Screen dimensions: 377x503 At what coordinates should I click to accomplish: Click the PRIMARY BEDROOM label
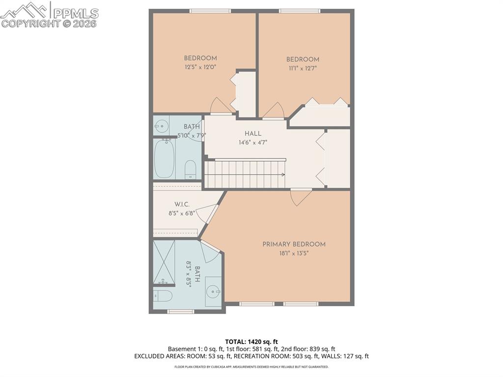[294, 244]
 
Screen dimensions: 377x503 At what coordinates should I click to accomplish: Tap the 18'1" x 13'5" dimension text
[294, 254]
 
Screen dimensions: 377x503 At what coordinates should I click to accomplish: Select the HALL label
[253, 134]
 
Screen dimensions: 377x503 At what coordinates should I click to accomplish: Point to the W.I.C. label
[182, 204]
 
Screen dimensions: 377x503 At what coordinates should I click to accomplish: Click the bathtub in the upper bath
[164, 159]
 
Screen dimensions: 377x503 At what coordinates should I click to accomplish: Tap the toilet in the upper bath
[191, 170]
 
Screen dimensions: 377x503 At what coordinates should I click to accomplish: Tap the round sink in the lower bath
[214, 291]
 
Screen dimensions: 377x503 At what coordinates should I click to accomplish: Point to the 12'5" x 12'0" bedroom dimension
[200, 67]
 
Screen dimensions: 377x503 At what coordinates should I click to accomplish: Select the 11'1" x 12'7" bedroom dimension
[303, 68]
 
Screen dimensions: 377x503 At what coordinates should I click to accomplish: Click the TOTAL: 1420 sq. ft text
[251, 342]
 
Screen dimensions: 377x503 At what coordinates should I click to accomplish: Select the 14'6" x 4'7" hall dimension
[253, 143]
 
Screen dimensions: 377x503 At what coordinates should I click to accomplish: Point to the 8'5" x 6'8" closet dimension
[182, 213]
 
